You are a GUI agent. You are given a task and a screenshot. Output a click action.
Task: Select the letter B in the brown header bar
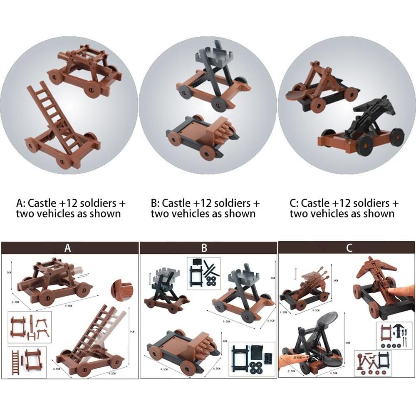204,248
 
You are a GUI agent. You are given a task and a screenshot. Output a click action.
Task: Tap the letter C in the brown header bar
349,248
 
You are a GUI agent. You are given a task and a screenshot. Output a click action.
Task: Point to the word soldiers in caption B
225,203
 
